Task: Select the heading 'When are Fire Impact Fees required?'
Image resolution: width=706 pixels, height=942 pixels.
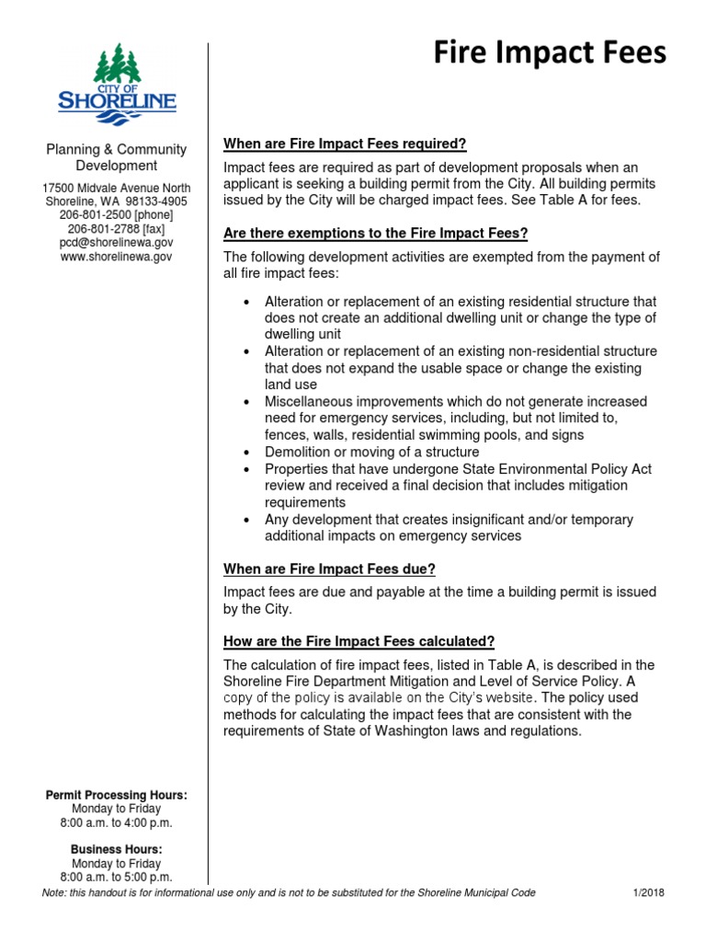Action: pyautogui.click(x=346, y=144)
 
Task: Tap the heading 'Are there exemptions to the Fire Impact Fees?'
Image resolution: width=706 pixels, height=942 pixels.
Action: pyautogui.click(x=376, y=233)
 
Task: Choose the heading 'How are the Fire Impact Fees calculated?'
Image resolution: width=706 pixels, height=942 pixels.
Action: pyautogui.click(x=359, y=640)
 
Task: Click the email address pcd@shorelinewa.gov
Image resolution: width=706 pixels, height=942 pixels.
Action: pyautogui.click(x=116, y=242)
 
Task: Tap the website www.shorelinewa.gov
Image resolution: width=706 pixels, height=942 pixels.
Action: pyautogui.click(x=116, y=257)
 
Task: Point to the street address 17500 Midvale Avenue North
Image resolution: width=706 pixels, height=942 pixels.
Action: pyautogui.click(x=116, y=188)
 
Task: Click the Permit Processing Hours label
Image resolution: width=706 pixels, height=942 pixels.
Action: pyautogui.click(x=116, y=795)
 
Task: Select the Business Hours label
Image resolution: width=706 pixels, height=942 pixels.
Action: pyautogui.click(x=116, y=850)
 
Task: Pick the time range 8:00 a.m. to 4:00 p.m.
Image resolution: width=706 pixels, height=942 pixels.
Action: pyautogui.click(x=116, y=822)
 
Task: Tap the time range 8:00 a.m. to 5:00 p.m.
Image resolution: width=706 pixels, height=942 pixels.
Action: pyautogui.click(x=116, y=878)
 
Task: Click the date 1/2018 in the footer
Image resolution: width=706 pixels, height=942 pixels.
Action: pyautogui.click(x=648, y=893)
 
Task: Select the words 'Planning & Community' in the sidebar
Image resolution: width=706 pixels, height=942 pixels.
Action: pyautogui.click(x=116, y=149)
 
